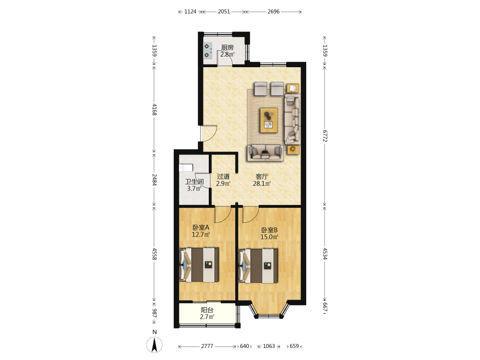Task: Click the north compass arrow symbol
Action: click(155, 345)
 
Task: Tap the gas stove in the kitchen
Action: click(208, 50)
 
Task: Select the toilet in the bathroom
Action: click(186, 168)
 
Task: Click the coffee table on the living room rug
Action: click(269, 120)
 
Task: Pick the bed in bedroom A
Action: click(199, 265)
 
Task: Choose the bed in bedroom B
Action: click(258, 266)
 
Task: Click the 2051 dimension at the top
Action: click(224, 12)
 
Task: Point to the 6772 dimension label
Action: click(325, 136)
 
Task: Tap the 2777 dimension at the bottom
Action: click(207, 346)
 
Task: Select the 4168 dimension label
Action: click(154, 109)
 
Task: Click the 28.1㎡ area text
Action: click(262, 184)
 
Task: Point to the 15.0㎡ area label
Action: click(269, 237)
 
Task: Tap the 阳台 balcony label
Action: click(207, 310)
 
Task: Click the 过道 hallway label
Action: click(223, 176)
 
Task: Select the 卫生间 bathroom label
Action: click(194, 181)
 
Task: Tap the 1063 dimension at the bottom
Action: click(269, 346)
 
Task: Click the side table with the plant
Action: click(293, 149)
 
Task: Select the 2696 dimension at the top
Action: click(274, 12)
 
